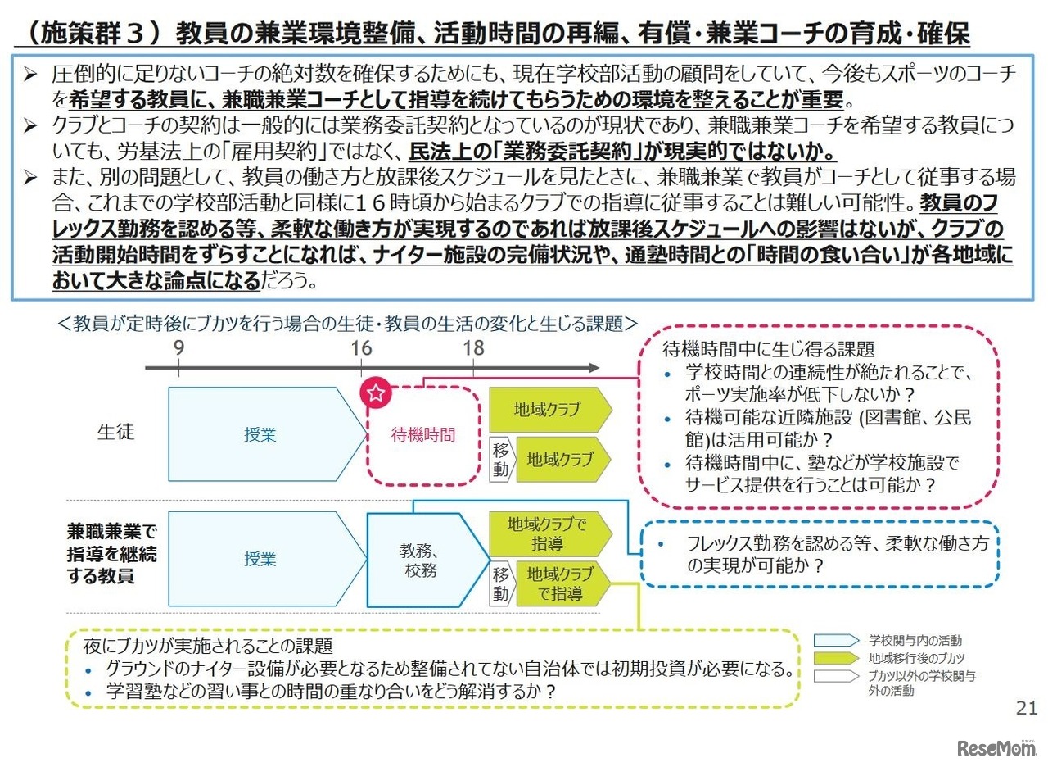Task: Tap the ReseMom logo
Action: pos(996,747)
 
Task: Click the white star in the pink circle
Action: pos(376,393)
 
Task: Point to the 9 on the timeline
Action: pos(178,347)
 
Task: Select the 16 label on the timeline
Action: pos(362,347)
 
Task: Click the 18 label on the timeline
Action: pos(473,347)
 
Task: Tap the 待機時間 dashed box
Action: pos(422,434)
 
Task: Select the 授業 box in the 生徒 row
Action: pos(260,434)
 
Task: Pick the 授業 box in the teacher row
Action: pos(260,559)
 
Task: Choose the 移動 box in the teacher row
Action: pos(501,583)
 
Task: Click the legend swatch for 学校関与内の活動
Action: pos(837,640)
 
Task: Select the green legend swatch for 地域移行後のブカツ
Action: pos(837,658)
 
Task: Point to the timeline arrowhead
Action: pos(593,369)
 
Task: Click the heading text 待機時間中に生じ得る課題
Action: pos(768,349)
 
